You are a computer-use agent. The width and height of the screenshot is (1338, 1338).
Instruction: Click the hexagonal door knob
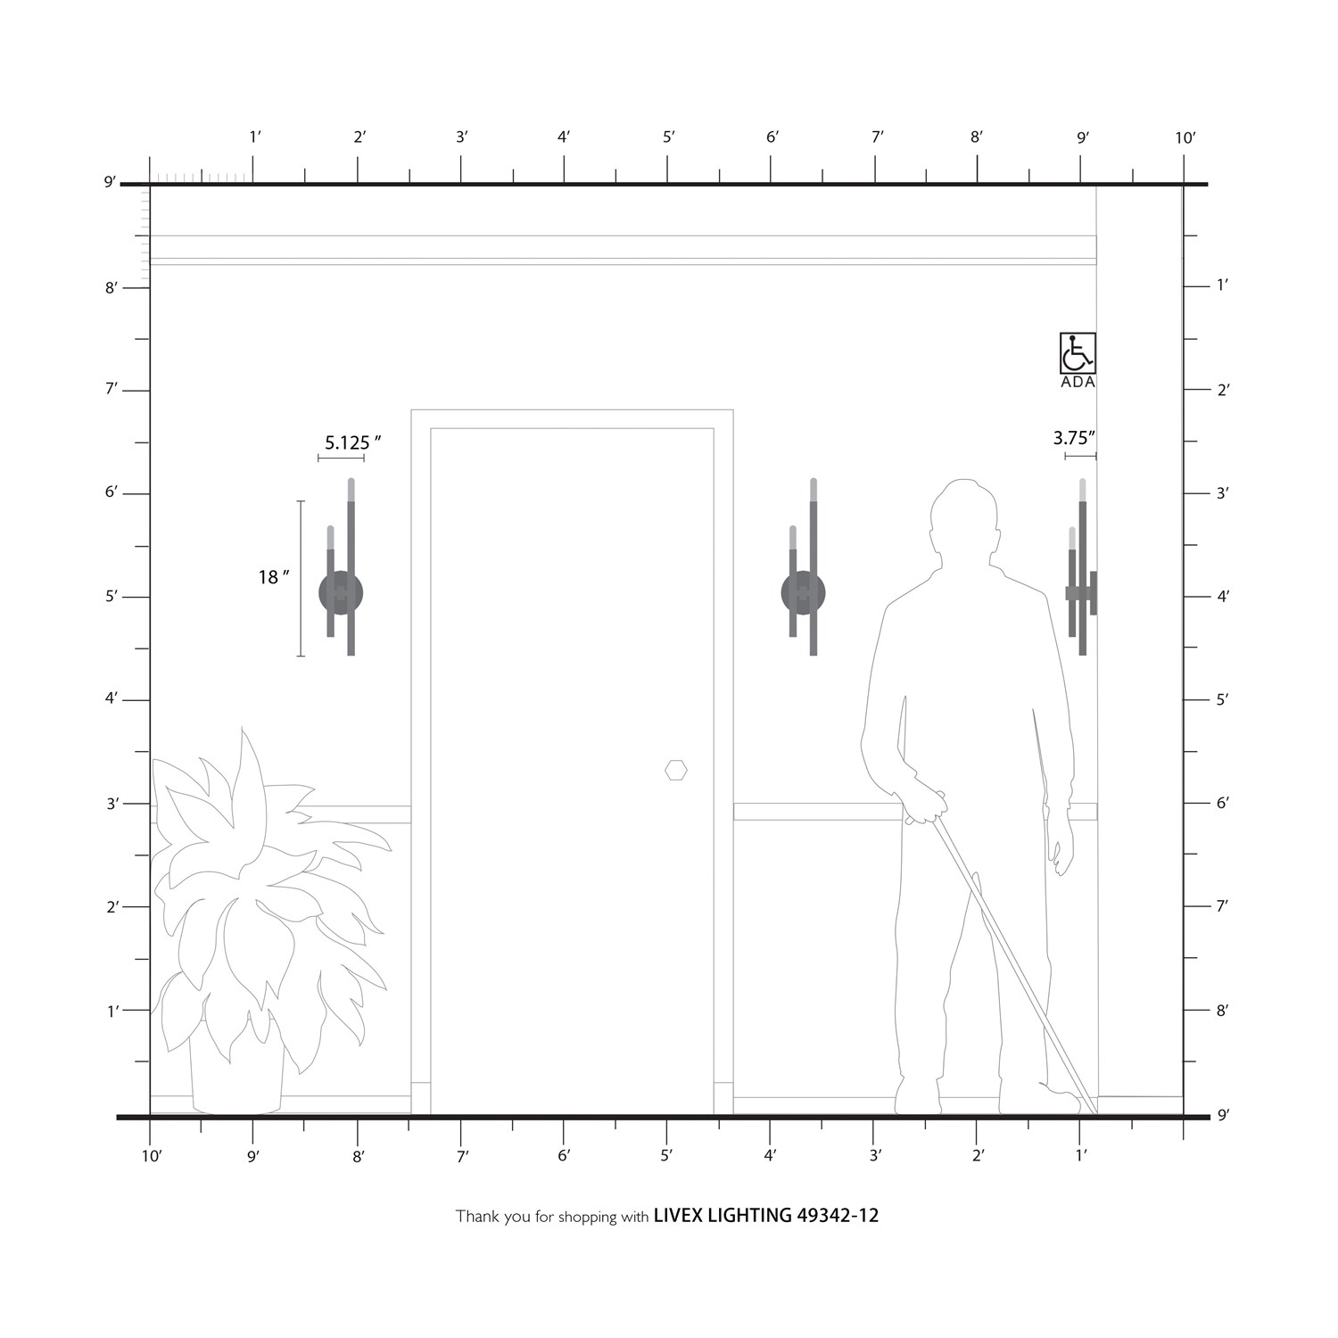tap(676, 770)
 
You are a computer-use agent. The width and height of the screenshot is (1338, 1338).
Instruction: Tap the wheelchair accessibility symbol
tap(1078, 353)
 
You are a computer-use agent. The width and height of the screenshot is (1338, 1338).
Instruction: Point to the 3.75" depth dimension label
tap(1074, 438)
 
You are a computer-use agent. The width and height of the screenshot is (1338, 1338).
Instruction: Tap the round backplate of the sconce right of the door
tap(803, 593)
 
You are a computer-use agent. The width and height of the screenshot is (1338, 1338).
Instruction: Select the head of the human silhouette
tap(963, 518)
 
